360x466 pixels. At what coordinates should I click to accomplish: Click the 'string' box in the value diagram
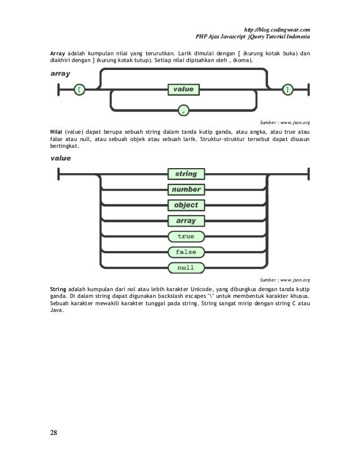point(186,174)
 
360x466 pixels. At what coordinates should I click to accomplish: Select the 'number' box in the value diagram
point(186,190)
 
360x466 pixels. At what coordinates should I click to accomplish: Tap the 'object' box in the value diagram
point(186,205)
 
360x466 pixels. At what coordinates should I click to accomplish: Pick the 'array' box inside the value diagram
point(186,221)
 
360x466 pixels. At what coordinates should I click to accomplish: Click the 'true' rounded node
point(186,236)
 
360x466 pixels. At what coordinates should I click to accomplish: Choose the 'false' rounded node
point(186,252)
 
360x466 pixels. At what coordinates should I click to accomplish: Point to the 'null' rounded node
point(186,267)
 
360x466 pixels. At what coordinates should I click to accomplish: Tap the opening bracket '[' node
point(80,89)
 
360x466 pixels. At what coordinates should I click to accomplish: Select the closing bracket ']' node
point(288,89)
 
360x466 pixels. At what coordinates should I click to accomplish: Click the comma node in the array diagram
point(183,110)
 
